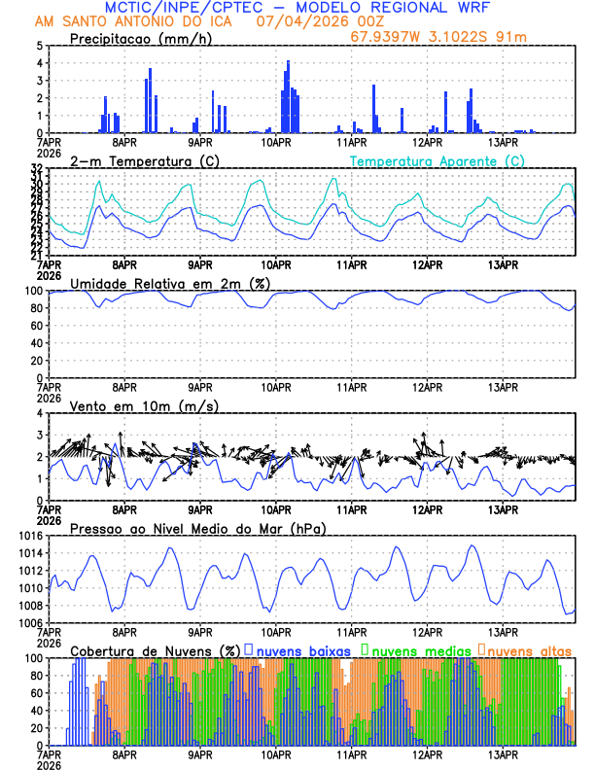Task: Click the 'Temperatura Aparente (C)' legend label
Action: pyautogui.click(x=437, y=160)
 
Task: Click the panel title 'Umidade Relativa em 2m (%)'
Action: pyautogui.click(x=169, y=283)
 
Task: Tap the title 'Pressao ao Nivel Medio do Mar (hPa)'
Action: pyautogui.click(x=197, y=528)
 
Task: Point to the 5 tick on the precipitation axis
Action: pyautogui.click(x=38, y=46)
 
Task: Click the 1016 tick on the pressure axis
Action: pyautogui.click(x=28, y=536)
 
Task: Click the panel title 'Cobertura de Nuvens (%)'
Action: pyautogui.click(x=156, y=649)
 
